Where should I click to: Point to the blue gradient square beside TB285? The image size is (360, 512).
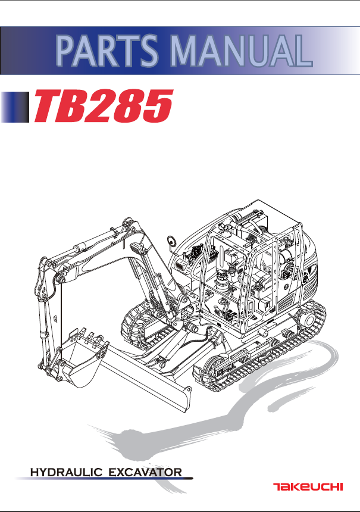(x=15, y=106)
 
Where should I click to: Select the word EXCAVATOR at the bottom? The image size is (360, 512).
(x=146, y=473)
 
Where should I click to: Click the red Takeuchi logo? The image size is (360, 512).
(x=308, y=486)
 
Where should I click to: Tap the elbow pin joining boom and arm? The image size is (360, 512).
(x=60, y=279)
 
